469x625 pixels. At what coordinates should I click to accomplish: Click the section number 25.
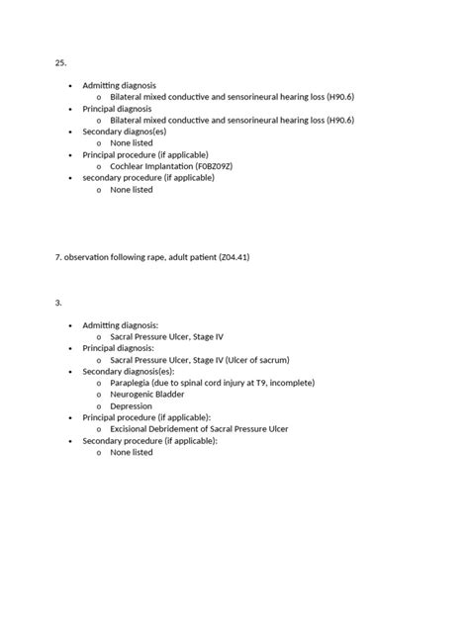tap(60, 62)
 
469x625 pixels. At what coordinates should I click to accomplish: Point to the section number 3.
tap(58, 303)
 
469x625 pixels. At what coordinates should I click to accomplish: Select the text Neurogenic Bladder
tap(147, 395)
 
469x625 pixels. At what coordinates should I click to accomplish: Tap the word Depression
tap(132, 406)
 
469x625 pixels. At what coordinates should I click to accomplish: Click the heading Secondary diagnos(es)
tap(124, 132)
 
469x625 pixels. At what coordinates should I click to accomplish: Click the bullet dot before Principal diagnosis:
tap(70, 349)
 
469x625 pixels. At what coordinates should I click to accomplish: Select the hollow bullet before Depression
tap(99, 406)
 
